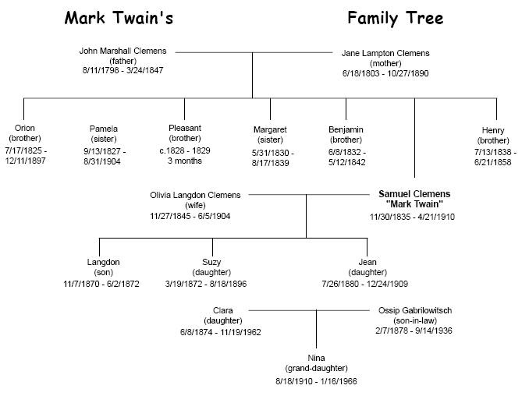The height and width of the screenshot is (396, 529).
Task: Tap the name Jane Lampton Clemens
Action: click(x=385, y=54)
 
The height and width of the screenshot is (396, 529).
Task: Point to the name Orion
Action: click(x=25, y=129)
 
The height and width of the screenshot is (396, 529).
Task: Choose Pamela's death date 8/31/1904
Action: click(x=105, y=161)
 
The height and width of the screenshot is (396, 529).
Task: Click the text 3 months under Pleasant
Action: click(x=185, y=161)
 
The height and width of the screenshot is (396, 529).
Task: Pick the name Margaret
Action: click(x=271, y=129)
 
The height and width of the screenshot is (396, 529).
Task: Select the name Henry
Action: click(x=493, y=131)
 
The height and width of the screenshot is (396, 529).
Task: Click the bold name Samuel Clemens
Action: click(x=414, y=193)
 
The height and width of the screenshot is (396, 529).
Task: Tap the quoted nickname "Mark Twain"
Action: click(x=414, y=204)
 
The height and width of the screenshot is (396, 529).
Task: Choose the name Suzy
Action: click(x=206, y=263)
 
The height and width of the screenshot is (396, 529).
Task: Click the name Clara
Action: click(x=222, y=310)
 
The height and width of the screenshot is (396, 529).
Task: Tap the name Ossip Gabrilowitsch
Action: click(x=415, y=310)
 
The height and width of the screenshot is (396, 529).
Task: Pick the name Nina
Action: click(x=316, y=358)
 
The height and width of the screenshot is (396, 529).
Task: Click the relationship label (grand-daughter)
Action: click(x=316, y=368)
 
